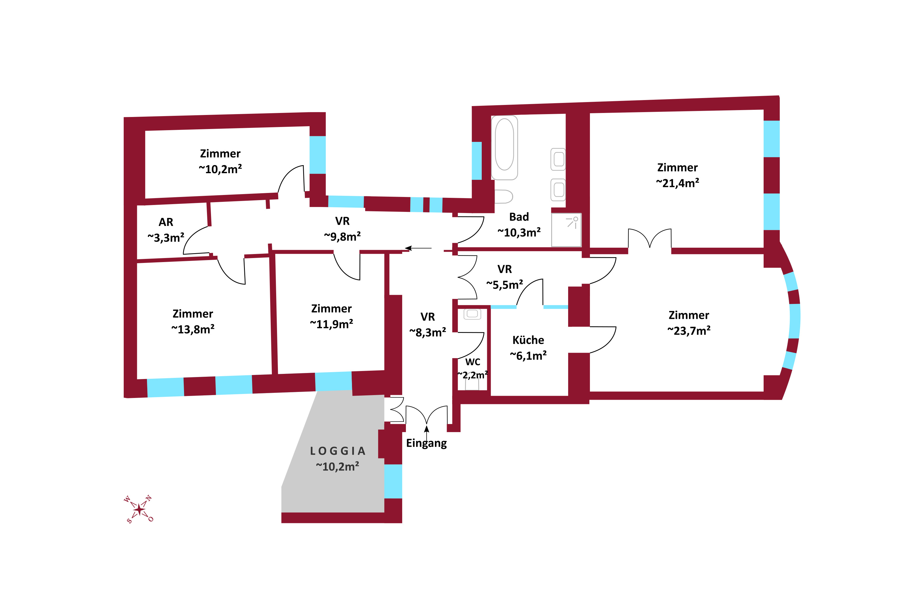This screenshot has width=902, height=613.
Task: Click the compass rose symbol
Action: [139, 509]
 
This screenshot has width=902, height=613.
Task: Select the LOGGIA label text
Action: [337, 451]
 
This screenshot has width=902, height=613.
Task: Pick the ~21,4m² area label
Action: [677, 183]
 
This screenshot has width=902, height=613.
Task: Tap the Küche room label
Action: [528, 340]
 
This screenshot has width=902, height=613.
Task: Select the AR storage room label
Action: [166, 222]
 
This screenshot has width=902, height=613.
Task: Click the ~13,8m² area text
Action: [193, 329]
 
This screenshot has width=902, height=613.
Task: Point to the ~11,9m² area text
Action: [332, 324]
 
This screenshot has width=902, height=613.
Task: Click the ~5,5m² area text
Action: [505, 285]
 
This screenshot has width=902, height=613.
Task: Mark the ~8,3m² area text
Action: [427, 332]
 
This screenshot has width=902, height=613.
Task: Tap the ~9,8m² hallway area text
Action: [342, 237]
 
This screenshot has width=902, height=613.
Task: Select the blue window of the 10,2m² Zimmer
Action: [318, 155]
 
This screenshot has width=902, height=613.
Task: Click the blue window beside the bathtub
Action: [477, 161]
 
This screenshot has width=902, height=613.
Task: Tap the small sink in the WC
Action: [472, 314]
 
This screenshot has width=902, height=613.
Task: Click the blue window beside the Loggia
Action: [393, 481]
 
